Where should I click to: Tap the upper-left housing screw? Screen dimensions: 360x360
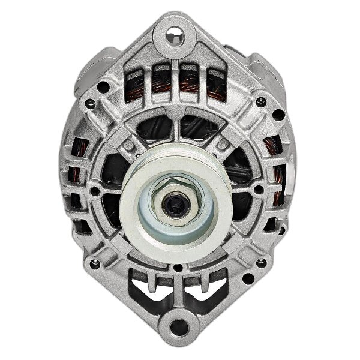(x=91, y=103)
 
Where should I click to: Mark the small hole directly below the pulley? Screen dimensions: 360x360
(x=177, y=262)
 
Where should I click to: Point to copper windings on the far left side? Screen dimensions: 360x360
(x=77, y=174)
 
